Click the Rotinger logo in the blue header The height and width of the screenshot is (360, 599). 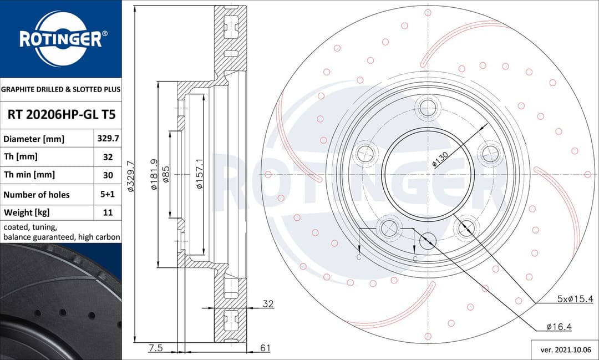[60, 39]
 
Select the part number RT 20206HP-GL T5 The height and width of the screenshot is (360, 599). [61, 115]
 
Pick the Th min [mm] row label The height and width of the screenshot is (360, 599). [29, 175]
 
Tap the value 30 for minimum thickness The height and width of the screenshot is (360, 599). [108, 175]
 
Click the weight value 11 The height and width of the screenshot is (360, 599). [108, 212]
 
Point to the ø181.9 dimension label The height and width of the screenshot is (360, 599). [154, 175]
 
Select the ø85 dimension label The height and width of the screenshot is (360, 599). [166, 175]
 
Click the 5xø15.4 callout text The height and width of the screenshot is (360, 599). [575, 299]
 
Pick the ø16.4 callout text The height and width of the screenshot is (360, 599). [559, 327]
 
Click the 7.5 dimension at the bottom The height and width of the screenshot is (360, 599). [156, 348]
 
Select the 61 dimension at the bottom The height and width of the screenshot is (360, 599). [265, 348]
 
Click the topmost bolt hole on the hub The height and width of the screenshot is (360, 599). [428, 108]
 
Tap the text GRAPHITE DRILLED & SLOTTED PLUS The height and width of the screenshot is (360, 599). [60, 89]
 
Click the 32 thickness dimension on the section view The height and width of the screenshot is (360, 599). [268, 304]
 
